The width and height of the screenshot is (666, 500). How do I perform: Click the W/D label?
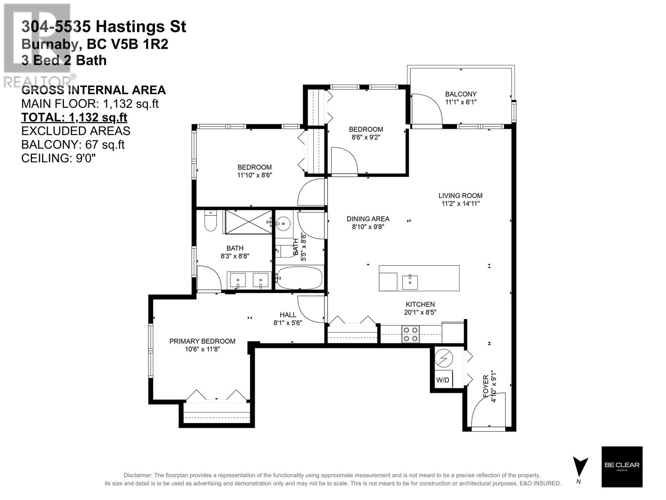pyautogui.click(x=442, y=380)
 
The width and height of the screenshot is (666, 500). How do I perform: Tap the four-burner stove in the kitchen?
pyautogui.click(x=410, y=334)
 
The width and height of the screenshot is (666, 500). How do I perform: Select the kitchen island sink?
pyautogui.click(x=410, y=282)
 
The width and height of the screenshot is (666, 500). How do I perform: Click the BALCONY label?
pyautogui.click(x=461, y=94)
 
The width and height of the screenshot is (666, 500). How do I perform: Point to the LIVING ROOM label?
pyautogui.click(x=460, y=196)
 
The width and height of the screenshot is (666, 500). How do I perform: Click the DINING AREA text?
pyautogui.click(x=368, y=219)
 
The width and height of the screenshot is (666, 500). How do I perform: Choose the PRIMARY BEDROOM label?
pyautogui.click(x=202, y=341)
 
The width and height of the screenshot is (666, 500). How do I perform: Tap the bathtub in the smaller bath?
pyautogui.click(x=299, y=278)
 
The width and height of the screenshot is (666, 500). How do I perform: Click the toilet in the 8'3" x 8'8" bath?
pyautogui.click(x=211, y=221)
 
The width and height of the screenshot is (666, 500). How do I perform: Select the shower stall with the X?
pyautogui.click(x=249, y=222)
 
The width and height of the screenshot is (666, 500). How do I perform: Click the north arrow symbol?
pyautogui.click(x=580, y=467)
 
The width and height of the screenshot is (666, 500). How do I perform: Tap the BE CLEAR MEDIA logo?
pyautogui.click(x=622, y=467)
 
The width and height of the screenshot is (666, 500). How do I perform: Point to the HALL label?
pyautogui.click(x=288, y=315)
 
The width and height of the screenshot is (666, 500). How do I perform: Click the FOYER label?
pyautogui.click(x=486, y=386)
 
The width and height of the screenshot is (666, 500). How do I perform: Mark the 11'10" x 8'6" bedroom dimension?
pyautogui.click(x=255, y=175)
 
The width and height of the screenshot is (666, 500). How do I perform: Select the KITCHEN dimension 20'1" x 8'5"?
pyautogui.click(x=420, y=312)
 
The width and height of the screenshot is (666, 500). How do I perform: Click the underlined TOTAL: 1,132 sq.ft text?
pyautogui.click(x=74, y=117)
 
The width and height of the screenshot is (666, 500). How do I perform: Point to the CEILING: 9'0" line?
pyautogui.click(x=58, y=158)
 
